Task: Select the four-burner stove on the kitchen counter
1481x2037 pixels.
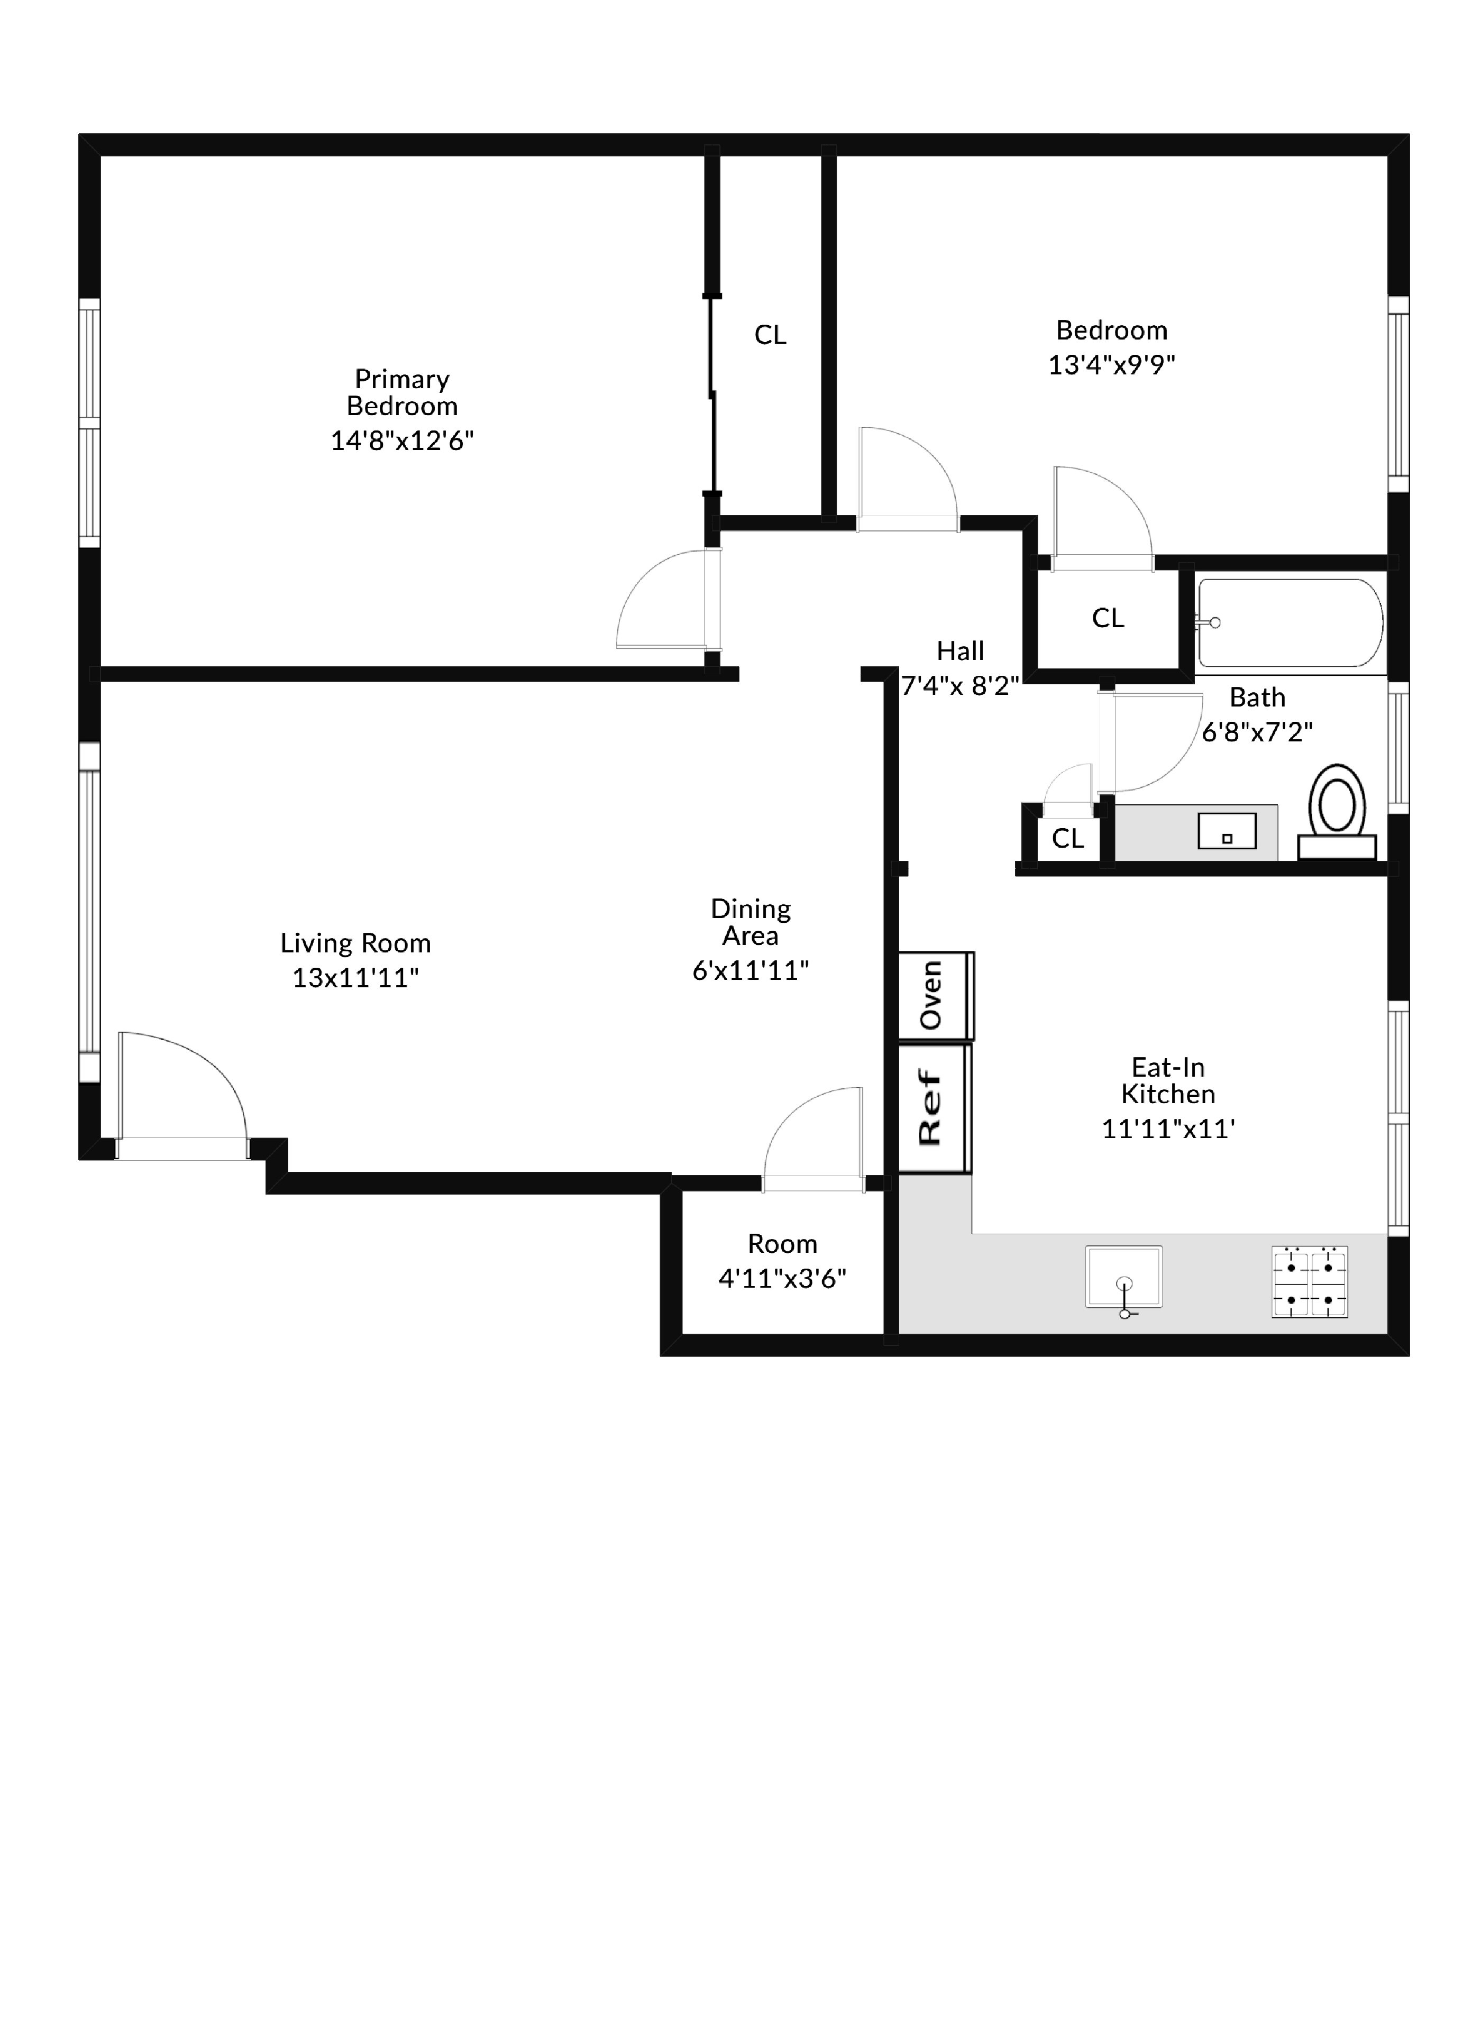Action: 1310,1282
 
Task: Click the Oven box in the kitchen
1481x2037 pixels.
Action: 935,995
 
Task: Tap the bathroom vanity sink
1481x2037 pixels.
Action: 1226,832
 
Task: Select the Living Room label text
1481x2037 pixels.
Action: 355,943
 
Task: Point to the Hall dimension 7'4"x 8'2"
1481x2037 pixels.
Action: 960,686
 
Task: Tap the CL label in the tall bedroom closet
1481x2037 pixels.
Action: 770,335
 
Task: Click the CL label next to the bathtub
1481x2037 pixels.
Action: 1108,618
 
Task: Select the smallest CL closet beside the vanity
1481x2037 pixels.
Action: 1067,839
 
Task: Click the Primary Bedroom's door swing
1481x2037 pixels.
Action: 669,600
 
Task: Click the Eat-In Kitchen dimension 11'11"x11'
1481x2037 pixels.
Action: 1167,1129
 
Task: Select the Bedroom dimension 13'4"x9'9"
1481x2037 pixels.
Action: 1111,365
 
